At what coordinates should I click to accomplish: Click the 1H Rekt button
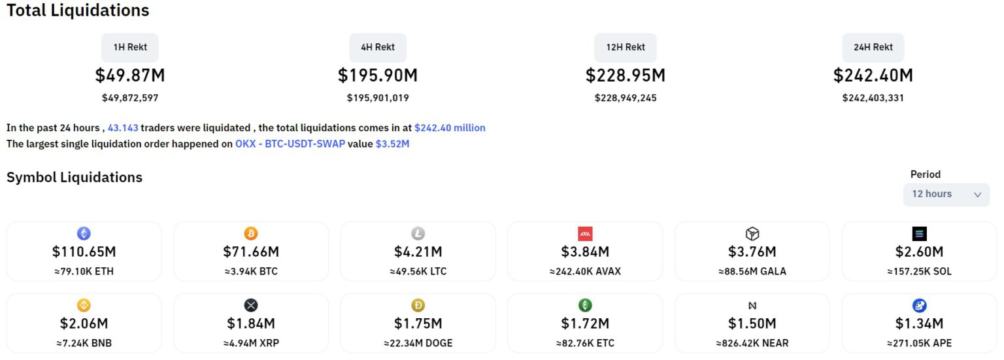(x=129, y=48)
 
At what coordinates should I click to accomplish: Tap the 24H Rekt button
(x=873, y=48)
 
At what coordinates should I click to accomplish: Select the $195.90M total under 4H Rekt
(x=377, y=76)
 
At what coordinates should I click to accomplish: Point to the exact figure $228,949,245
(x=626, y=98)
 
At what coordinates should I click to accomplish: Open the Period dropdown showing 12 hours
(x=946, y=194)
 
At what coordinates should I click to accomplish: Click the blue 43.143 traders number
(x=123, y=128)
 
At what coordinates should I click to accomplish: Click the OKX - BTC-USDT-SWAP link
(x=290, y=144)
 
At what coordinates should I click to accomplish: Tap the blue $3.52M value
(x=392, y=144)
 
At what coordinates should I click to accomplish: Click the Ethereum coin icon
(x=84, y=233)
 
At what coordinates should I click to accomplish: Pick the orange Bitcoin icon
(x=251, y=233)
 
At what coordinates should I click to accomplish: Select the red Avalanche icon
(x=585, y=234)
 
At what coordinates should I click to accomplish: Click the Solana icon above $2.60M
(x=919, y=234)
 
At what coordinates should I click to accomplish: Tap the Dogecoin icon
(x=418, y=305)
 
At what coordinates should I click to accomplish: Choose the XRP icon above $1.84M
(x=251, y=305)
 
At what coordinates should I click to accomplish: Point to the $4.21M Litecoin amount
(x=418, y=252)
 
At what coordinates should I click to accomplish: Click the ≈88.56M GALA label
(x=752, y=271)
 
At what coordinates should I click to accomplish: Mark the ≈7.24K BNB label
(x=84, y=343)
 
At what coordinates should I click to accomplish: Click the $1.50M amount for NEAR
(x=752, y=323)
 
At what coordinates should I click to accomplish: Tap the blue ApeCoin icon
(x=919, y=305)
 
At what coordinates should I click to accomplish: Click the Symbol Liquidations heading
(x=75, y=177)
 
